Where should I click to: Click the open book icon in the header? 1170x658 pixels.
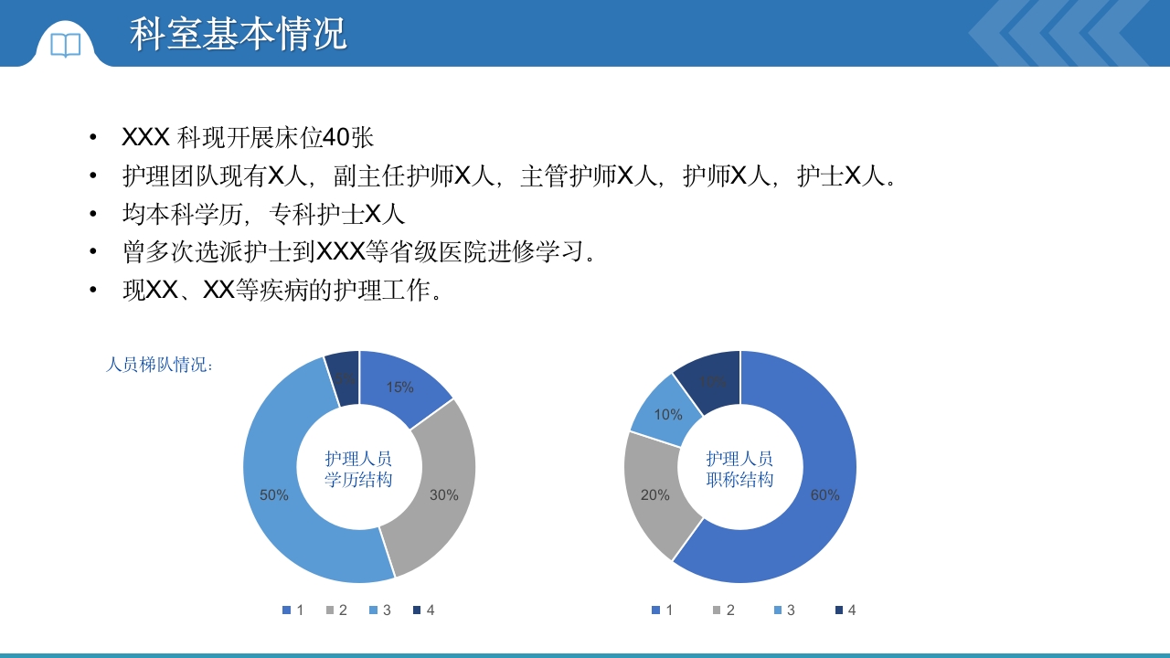[66, 45]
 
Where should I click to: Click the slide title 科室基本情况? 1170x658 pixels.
[238, 34]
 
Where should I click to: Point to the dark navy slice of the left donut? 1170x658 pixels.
[344, 377]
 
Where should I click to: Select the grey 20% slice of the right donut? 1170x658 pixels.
[656, 494]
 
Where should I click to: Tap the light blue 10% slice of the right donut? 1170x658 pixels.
[668, 414]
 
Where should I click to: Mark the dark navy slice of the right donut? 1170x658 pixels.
[714, 378]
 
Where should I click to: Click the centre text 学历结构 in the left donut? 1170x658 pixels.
[358, 480]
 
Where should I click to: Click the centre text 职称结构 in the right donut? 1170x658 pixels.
[739, 480]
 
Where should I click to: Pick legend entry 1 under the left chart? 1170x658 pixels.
[293, 610]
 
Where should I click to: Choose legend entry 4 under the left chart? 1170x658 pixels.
[424, 610]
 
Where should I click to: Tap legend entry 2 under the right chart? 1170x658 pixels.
[724, 610]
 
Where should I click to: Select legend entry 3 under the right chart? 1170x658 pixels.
[784, 610]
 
